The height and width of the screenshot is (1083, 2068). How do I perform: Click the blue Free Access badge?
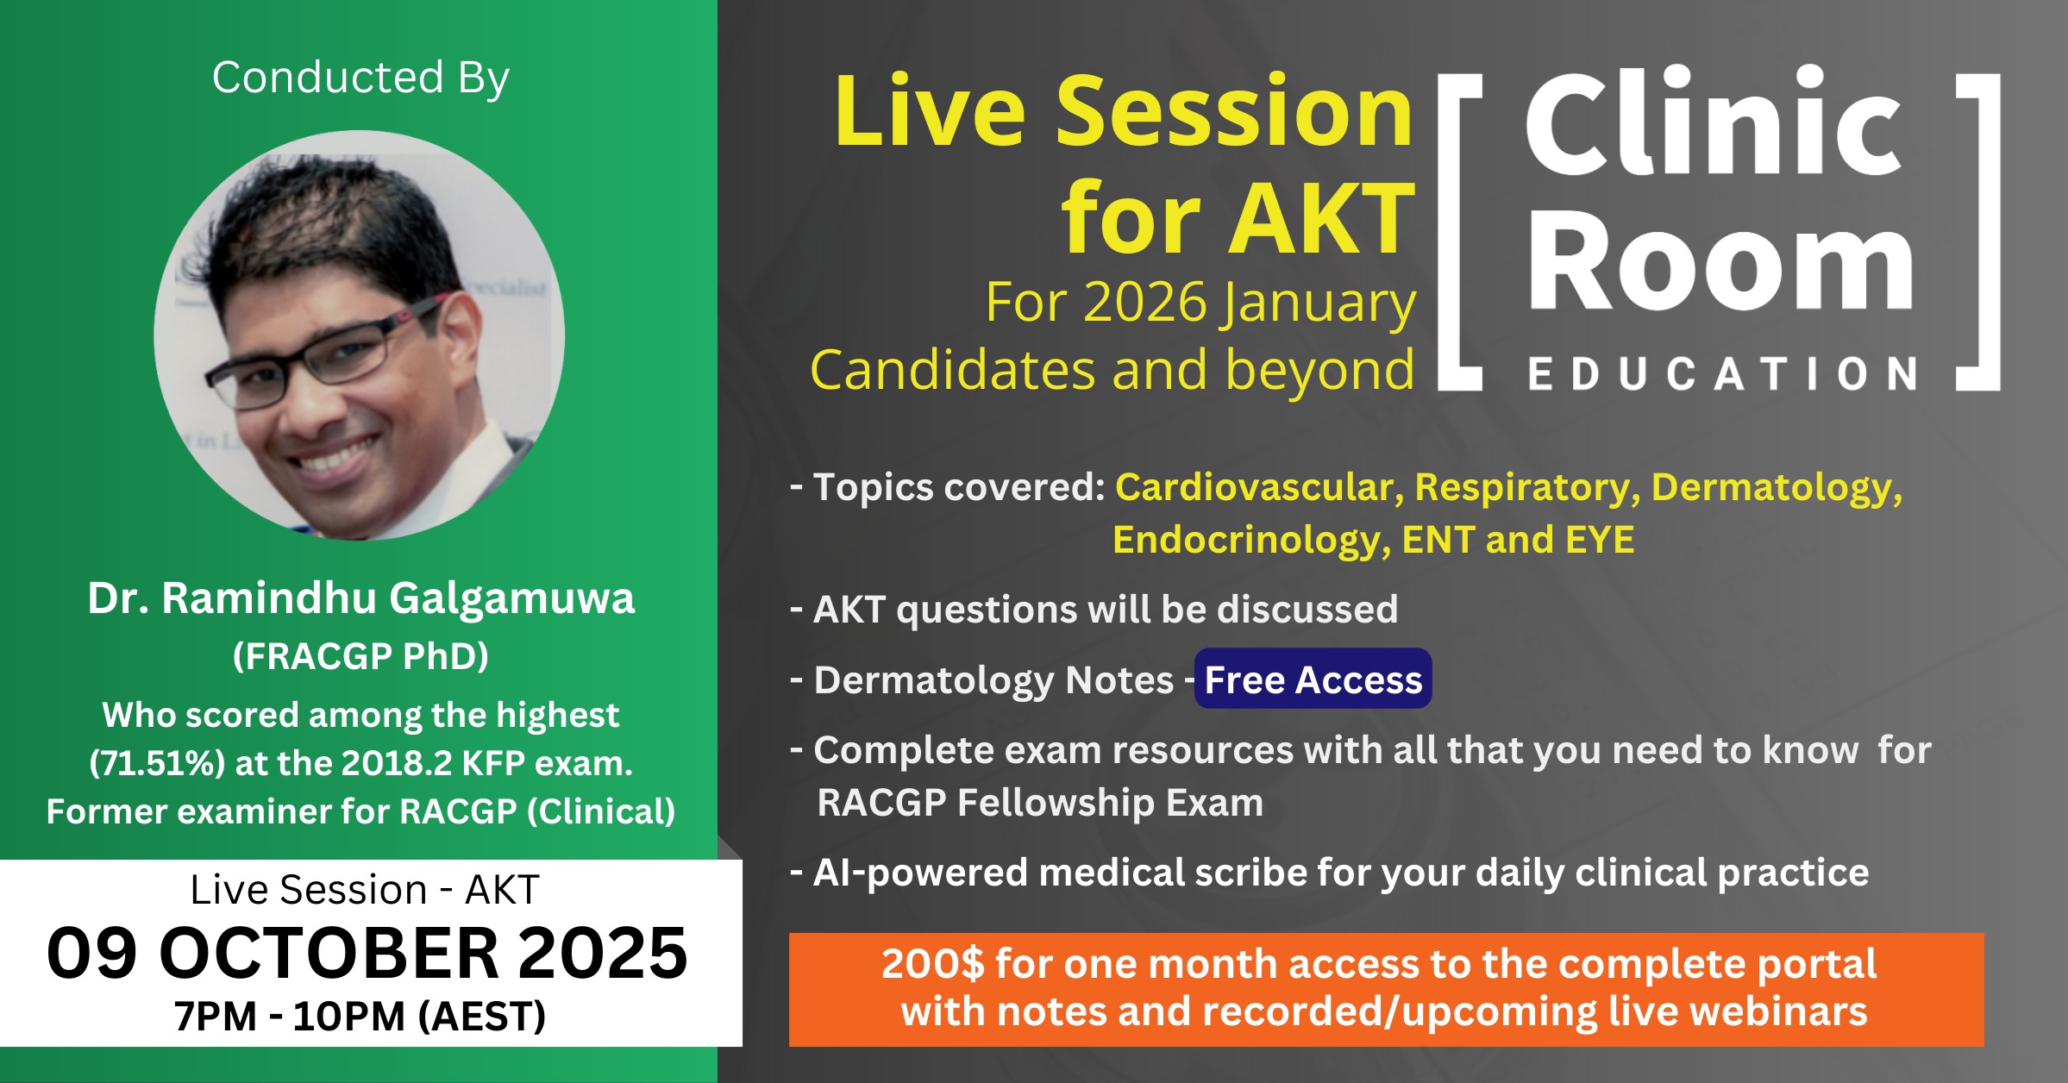click(1313, 679)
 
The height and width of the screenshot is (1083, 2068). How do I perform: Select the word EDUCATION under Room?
click(1723, 374)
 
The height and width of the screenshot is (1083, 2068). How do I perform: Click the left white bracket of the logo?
click(1459, 232)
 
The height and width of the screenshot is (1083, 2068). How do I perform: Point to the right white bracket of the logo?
click(1978, 232)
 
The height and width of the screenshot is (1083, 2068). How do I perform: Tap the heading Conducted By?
click(360, 78)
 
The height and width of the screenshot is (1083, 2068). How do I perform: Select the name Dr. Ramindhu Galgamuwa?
click(360, 598)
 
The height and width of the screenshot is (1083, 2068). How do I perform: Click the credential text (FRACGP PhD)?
click(360, 656)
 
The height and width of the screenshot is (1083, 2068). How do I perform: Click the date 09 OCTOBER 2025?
click(367, 953)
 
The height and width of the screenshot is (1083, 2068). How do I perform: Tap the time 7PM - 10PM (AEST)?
click(360, 1016)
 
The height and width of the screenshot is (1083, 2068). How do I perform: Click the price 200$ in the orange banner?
click(932, 964)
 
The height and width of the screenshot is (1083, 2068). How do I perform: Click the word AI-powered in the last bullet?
click(920, 873)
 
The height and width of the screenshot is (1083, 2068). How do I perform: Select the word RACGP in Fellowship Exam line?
click(881, 803)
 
